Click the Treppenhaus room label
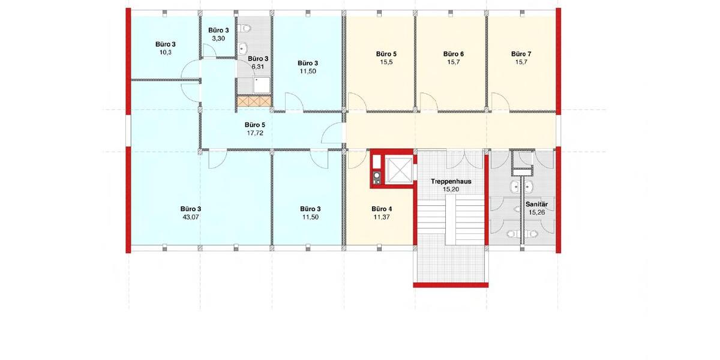pyautogui.click(x=451, y=181)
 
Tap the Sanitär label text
pyautogui.click(x=538, y=204)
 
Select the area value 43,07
pyautogui.click(x=190, y=217)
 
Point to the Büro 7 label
pyautogui.click(x=521, y=53)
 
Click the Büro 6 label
pyautogui.click(x=453, y=53)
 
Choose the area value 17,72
pyautogui.click(x=254, y=133)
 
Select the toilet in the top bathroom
pyautogui.click(x=245, y=28)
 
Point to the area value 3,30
pyautogui.click(x=218, y=38)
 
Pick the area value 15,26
pyautogui.click(x=538, y=212)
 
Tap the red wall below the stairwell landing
pyautogui.click(x=450, y=285)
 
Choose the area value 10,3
pyautogui.click(x=166, y=52)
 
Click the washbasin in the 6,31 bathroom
pyautogui.click(x=244, y=49)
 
